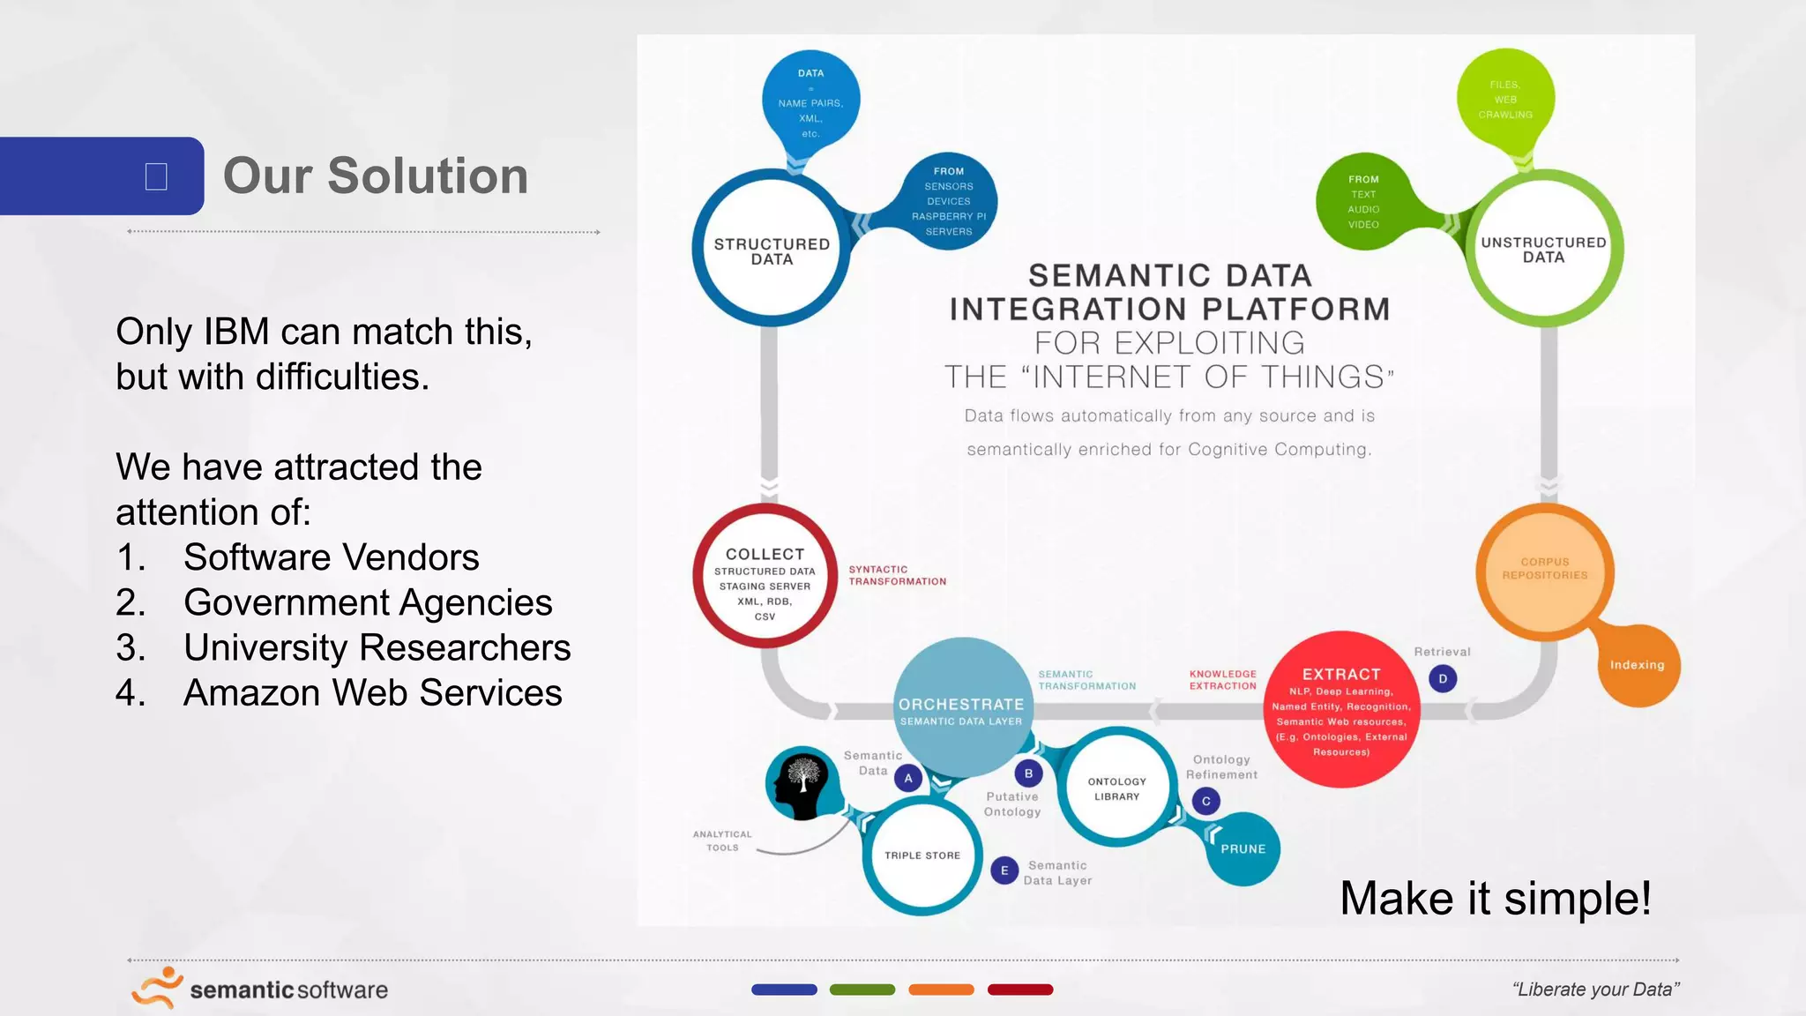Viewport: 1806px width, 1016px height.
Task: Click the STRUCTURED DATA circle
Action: coord(772,250)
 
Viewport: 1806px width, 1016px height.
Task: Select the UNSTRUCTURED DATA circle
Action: coord(1543,250)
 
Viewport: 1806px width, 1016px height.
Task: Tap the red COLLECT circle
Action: coord(765,577)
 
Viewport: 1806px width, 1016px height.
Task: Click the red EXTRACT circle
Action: coord(1341,709)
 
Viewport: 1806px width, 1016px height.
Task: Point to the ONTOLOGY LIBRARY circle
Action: coord(1116,788)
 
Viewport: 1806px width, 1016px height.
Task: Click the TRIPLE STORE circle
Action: coord(922,855)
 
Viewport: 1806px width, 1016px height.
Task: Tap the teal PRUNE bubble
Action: coord(1243,848)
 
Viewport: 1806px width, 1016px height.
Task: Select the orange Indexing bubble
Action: coord(1638,665)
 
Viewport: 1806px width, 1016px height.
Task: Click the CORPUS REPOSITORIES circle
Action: coord(1545,569)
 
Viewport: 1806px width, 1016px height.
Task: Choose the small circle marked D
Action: coord(1443,678)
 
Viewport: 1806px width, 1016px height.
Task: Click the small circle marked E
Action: coord(1004,870)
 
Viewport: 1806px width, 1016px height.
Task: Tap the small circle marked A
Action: coord(908,778)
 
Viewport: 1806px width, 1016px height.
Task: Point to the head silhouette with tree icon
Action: coord(801,781)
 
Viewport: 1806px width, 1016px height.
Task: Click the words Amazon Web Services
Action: coord(372,692)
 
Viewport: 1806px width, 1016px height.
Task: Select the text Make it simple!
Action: coord(1495,898)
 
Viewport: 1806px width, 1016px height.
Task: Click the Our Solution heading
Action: coord(376,176)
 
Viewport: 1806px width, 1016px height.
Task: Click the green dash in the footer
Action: coord(862,990)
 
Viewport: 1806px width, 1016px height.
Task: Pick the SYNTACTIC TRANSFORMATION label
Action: coord(897,575)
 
